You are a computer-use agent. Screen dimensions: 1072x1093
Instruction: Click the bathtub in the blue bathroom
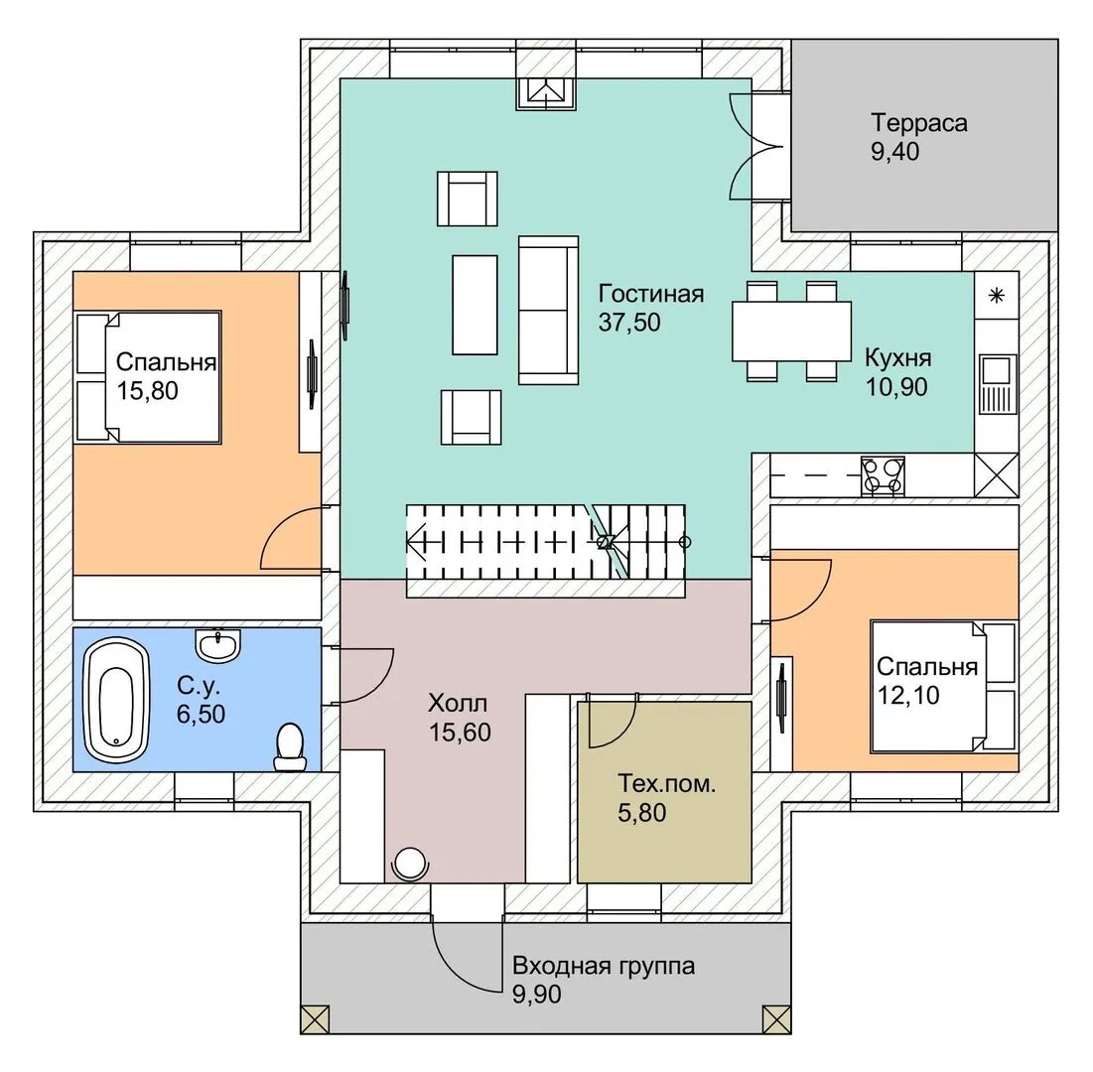pyautogui.click(x=116, y=694)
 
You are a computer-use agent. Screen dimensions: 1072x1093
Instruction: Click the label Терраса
pyautogui.click(x=919, y=124)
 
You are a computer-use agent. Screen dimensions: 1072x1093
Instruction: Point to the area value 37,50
pyautogui.click(x=629, y=322)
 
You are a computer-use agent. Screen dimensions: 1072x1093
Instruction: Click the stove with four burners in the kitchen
pyautogui.click(x=882, y=474)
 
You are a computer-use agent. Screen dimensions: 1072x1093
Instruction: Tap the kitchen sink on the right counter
pyautogui.click(x=996, y=383)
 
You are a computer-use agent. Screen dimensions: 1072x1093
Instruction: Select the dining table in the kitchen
pyautogui.click(x=791, y=331)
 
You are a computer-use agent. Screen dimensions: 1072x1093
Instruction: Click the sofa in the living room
pyautogui.click(x=548, y=310)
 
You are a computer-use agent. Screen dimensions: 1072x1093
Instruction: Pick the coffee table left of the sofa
pyautogui.click(x=475, y=305)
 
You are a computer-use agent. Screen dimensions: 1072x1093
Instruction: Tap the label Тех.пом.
pyautogui.click(x=666, y=783)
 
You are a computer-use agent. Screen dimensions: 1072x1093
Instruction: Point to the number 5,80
pyautogui.click(x=641, y=814)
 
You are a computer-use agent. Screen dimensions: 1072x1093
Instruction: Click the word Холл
pyautogui.click(x=458, y=704)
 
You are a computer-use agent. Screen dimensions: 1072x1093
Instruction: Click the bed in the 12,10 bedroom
pyautogui.click(x=943, y=686)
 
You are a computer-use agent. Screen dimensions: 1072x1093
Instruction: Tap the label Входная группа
pyautogui.click(x=604, y=966)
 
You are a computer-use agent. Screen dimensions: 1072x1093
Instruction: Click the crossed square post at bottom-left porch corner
pyautogui.click(x=315, y=1018)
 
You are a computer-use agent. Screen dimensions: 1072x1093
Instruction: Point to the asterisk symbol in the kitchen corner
pyautogui.click(x=998, y=295)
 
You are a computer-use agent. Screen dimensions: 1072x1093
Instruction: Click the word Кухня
pyautogui.click(x=897, y=357)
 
